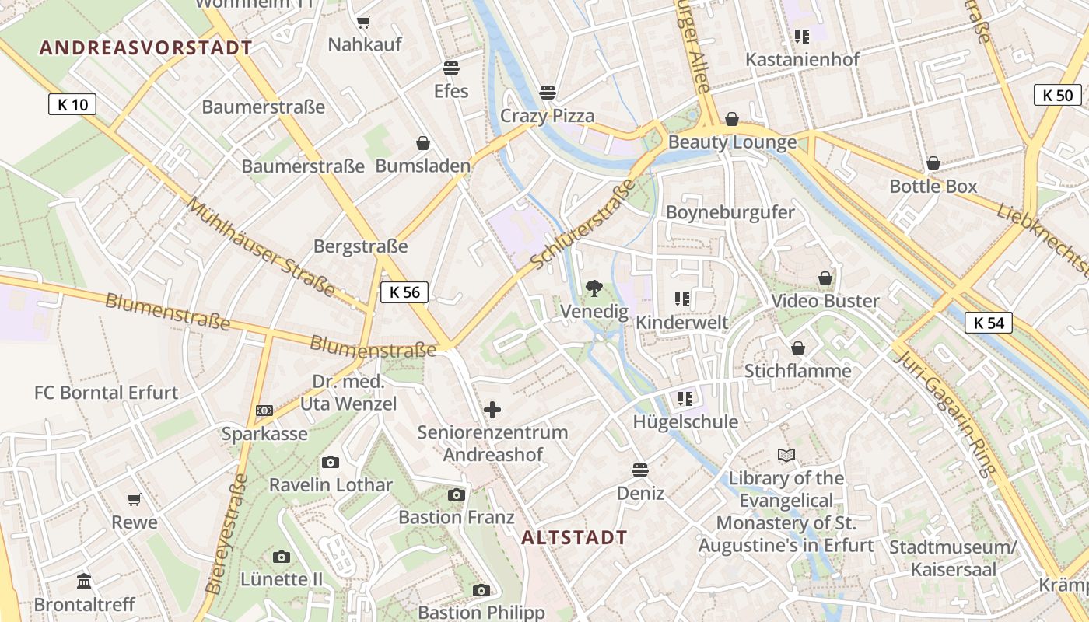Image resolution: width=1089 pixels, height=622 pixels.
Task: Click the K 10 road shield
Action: point(72,104)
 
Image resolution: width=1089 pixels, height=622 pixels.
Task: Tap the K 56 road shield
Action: point(404,292)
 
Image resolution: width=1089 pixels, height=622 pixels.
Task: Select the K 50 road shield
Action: point(1057,96)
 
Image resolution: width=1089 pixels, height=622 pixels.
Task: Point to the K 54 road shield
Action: point(988,323)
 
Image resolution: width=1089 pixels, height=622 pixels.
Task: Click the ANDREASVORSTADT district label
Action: point(146,48)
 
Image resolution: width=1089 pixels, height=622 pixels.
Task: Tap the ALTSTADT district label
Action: point(574,537)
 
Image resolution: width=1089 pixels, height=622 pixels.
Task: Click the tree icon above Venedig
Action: point(594,288)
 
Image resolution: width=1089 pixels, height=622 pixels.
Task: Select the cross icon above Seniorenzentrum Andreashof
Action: point(492,410)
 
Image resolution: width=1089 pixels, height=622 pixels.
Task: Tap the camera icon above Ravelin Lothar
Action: point(331,463)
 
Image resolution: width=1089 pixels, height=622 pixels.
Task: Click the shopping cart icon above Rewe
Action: point(135,499)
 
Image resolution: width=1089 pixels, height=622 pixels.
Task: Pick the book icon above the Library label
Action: point(786,456)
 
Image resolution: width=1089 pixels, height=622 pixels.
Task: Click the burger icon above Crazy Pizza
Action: point(548,93)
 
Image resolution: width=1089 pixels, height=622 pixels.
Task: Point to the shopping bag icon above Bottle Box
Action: point(933,163)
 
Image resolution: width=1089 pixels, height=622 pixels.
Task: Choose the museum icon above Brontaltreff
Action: point(84,582)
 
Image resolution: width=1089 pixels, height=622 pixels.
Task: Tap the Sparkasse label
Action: point(264,434)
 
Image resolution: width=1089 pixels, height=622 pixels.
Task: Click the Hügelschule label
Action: point(685,422)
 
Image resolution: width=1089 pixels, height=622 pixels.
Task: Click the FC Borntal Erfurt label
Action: point(107,393)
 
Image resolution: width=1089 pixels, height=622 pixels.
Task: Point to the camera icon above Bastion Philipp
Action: point(481,590)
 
